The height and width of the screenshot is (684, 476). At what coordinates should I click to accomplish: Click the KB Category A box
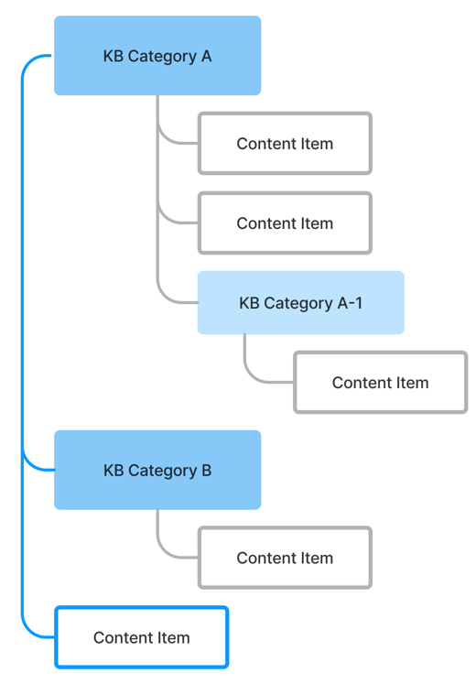click(157, 56)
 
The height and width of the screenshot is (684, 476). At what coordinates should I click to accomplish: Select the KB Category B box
click(157, 470)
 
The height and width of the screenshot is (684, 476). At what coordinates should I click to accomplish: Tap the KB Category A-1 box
click(301, 303)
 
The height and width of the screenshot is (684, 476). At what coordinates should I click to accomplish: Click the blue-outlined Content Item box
click(142, 637)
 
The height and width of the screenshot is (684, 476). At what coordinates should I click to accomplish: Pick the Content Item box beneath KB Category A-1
click(381, 382)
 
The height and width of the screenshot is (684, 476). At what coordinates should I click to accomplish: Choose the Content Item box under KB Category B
click(285, 558)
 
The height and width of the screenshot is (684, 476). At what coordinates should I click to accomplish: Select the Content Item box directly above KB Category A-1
click(285, 223)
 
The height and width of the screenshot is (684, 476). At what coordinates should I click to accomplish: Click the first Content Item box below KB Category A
click(285, 144)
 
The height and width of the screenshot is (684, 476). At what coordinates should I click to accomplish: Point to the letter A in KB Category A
click(206, 56)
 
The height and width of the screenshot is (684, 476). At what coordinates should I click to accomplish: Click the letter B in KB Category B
click(207, 471)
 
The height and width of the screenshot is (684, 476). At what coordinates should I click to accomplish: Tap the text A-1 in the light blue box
click(350, 303)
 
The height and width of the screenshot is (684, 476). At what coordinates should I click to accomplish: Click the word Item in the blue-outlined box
click(174, 637)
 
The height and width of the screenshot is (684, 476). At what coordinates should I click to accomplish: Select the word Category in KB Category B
click(163, 472)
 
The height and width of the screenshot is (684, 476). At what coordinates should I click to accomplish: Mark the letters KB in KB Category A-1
click(249, 303)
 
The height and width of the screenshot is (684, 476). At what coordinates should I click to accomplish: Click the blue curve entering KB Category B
click(27, 463)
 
